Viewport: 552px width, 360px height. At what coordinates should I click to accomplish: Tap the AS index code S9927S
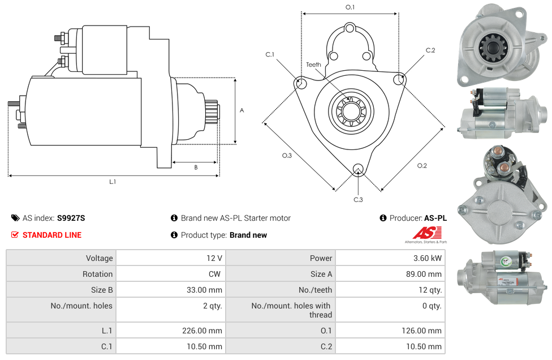click(71, 218)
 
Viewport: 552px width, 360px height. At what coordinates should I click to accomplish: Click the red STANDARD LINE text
click(51, 235)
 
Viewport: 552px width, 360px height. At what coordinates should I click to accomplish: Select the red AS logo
click(426, 233)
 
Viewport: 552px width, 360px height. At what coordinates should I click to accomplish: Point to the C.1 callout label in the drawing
click(270, 54)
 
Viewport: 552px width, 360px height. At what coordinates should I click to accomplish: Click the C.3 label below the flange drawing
click(358, 199)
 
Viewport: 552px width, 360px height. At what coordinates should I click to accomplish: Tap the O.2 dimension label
click(422, 165)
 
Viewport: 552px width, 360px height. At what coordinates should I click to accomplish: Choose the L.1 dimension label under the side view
click(113, 182)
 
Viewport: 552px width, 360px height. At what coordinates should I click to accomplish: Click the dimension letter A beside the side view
click(242, 110)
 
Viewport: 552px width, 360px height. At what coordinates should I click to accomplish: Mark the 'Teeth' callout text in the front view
click(313, 65)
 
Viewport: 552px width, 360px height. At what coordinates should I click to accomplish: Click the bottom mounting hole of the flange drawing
click(357, 169)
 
